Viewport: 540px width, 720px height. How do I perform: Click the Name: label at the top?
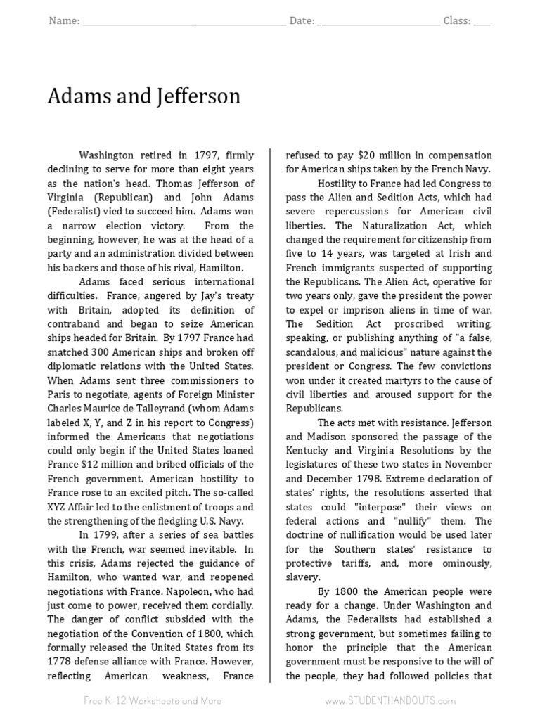click(64, 21)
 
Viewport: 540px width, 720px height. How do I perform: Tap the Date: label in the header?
click(302, 21)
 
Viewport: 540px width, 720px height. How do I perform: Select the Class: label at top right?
click(457, 21)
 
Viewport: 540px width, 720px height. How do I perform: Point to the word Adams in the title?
click(75, 96)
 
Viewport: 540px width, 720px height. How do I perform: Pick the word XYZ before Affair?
click(58, 506)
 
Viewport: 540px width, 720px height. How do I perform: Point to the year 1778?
click(59, 661)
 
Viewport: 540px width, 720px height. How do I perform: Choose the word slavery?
click(303, 577)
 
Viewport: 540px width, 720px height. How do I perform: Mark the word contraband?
click(75, 323)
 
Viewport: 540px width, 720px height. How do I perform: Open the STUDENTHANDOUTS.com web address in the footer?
click(390, 700)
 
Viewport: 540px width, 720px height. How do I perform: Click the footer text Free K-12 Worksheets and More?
click(153, 700)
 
